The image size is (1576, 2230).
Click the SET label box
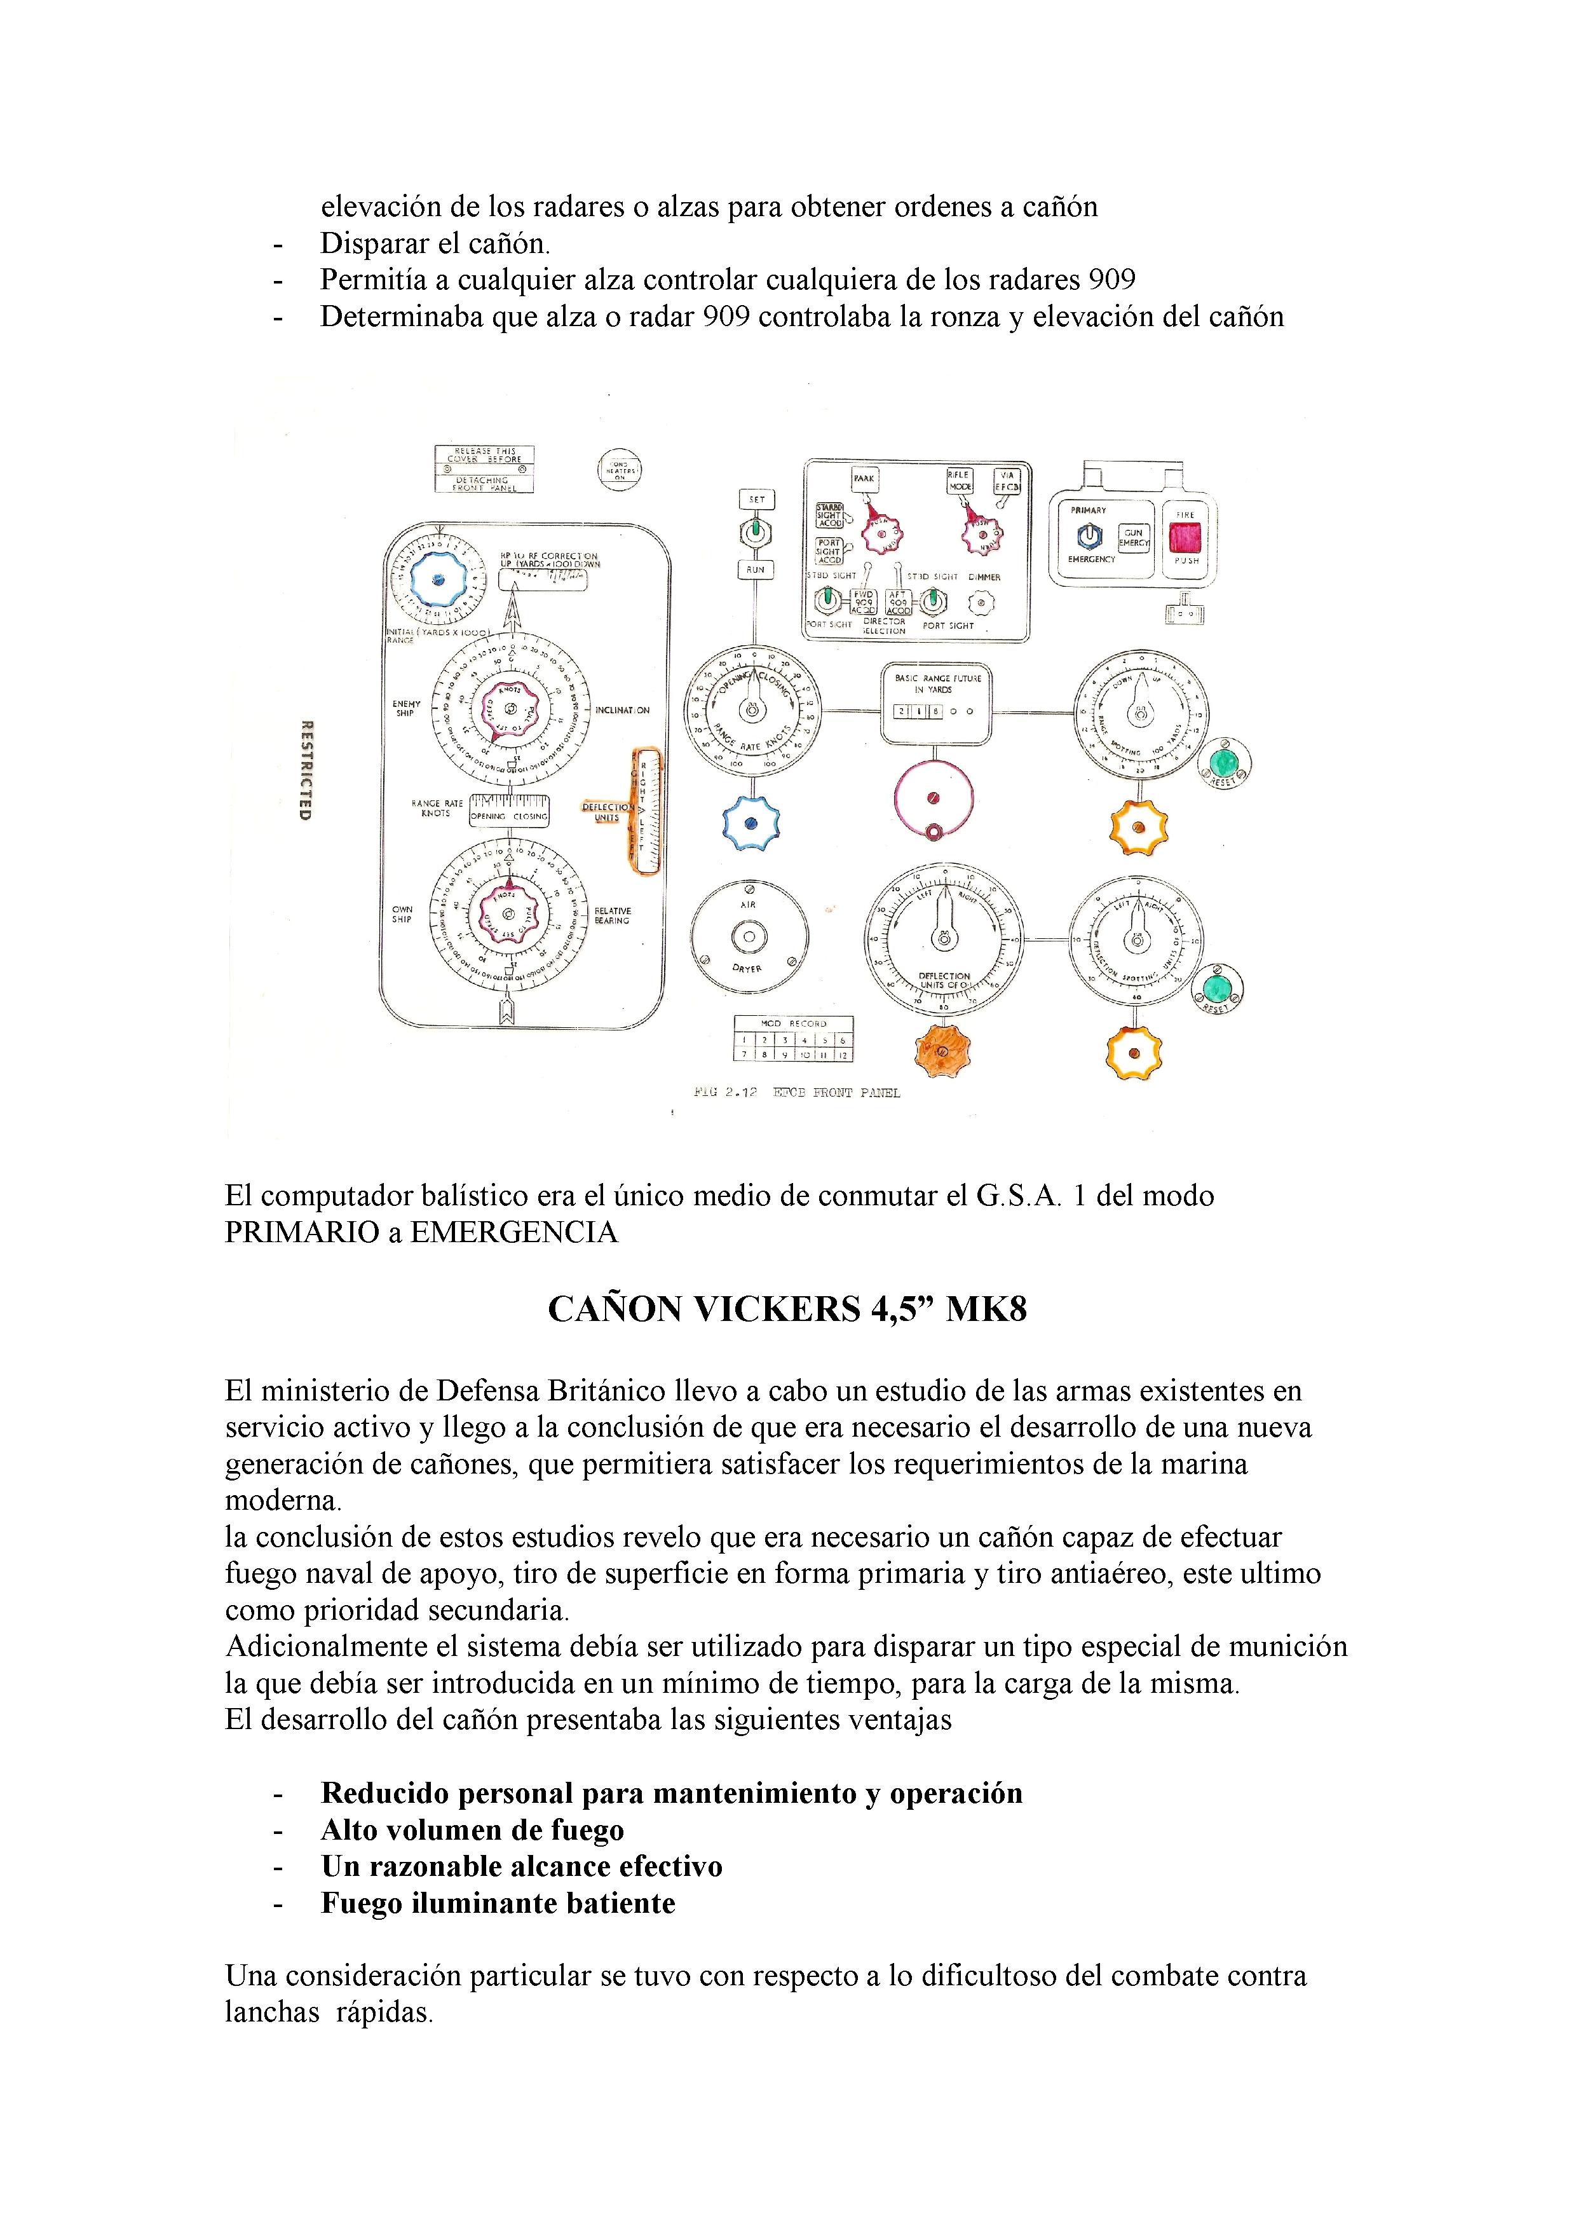(756, 499)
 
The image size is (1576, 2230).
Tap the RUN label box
(756, 570)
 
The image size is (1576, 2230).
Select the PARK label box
(863, 478)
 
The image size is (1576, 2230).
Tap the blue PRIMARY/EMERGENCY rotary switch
(1089, 535)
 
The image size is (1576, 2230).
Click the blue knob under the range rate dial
(749, 823)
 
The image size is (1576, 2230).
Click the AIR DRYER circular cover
(749, 937)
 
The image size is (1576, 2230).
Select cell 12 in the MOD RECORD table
(843, 1054)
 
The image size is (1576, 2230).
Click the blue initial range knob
(437, 580)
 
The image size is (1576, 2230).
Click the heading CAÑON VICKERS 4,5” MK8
(787, 1310)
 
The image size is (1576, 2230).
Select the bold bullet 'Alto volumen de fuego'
(473, 1830)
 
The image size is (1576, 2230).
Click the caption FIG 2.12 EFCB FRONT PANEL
(796, 1093)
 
